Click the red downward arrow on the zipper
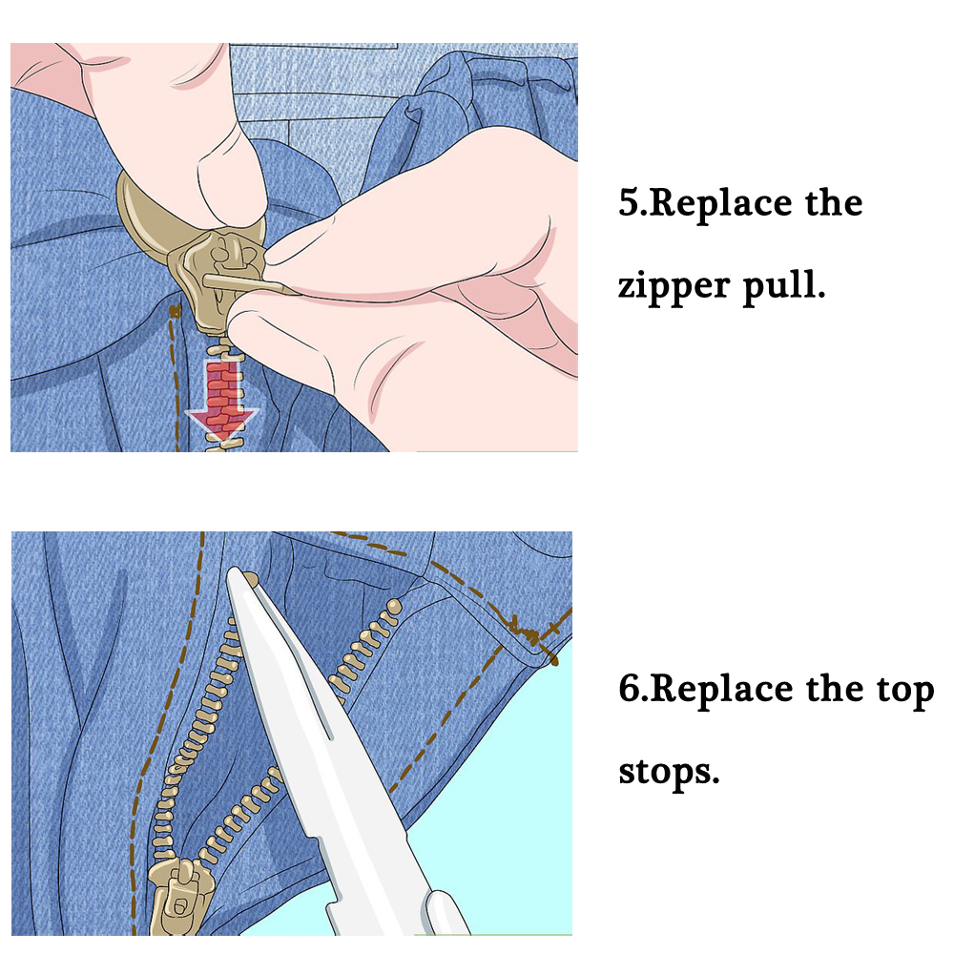pos(221,401)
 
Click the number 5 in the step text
pos(630,204)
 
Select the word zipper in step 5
pos(672,287)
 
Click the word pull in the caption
pos(783,285)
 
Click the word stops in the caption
pos(668,770)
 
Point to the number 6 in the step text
pos(630,689)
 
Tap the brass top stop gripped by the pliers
pos(248,578)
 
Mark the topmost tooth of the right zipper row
pos(394,603)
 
